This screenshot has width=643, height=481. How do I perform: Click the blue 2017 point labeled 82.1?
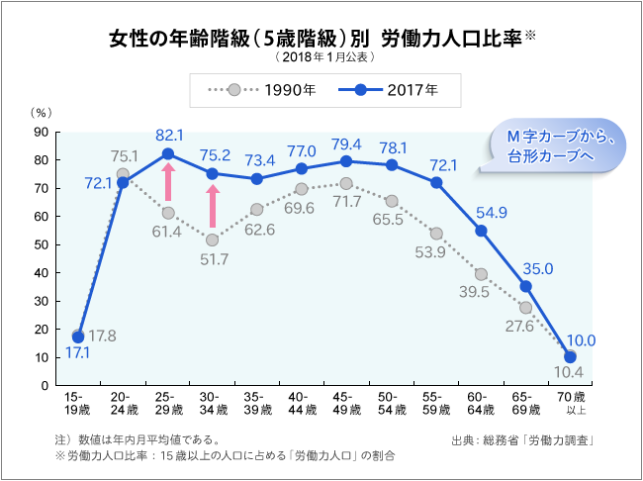coord(168,153)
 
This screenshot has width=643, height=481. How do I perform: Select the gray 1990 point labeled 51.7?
coord(213,240)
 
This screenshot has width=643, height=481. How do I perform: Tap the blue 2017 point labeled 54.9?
coord(481,231)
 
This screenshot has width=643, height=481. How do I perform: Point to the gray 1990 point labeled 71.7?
coord(346,183)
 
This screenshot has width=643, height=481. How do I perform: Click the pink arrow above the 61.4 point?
coord(168,183)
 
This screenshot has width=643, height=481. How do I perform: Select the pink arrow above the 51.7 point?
coord(213,207)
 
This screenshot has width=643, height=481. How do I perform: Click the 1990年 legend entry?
coord(262,90)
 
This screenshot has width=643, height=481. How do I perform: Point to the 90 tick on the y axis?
coord(43,132)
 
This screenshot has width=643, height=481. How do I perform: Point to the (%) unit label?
coord(42,115)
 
